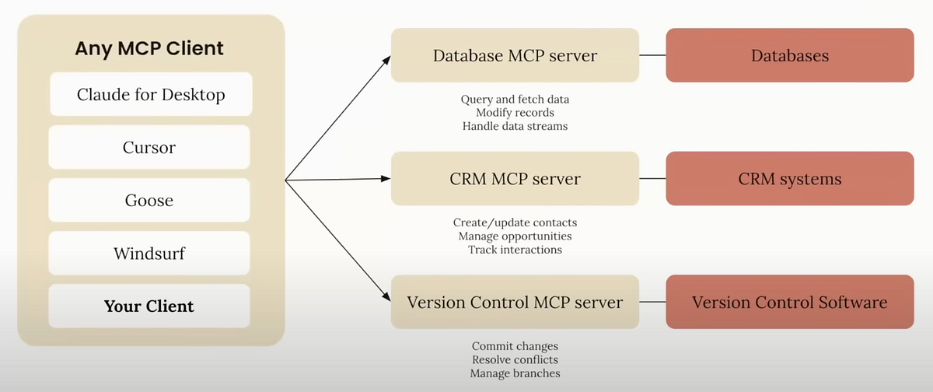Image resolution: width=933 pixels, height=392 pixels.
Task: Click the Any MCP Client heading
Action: tap(149, 48)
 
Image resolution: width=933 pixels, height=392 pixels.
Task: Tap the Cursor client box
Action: tap(149, 148)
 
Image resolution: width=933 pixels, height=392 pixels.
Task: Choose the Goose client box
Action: tap(149, 200)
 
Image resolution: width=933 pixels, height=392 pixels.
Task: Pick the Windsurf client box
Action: tap(149, 253)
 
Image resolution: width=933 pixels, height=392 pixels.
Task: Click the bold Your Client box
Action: tap(149, 306)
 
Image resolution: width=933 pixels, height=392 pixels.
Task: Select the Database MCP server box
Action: tap(515, 55)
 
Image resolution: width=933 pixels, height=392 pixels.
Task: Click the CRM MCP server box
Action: tap(515, 179)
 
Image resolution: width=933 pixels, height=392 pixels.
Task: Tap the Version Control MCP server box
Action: tap(515, 302)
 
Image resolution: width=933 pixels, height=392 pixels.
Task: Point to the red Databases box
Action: tap(789, 55)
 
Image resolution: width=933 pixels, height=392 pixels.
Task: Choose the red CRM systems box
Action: tap(789, 179)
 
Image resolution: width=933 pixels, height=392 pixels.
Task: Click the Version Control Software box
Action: tap(789, 302)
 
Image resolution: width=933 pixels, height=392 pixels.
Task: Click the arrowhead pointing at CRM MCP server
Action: tap(386, 179)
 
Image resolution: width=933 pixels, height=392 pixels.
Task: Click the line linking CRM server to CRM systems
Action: tap(652, 179)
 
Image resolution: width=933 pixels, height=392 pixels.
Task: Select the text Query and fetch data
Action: tap(515, 100)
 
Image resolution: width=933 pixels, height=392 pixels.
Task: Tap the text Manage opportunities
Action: tap(515, 236)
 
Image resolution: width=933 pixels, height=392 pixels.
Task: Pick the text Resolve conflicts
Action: tap(515, 360)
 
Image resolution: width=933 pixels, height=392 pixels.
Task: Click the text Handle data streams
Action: tap(515, 126)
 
